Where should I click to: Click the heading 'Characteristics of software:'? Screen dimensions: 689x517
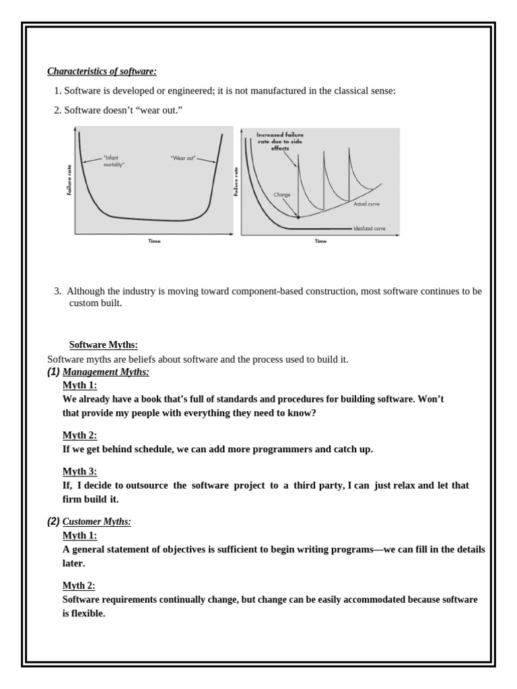click(x=101, y=71)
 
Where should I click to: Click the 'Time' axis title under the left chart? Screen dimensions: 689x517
click(x=154, y=241)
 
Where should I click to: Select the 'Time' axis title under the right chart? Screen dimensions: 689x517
click(x=320, y=241)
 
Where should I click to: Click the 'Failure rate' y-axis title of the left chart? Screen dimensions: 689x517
click(x=69, y=182)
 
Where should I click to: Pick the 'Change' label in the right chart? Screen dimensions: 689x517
click(x=281, y=194)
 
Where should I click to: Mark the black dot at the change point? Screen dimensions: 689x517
click(x=298, y=217)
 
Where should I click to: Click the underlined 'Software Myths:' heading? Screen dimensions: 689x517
click(x=104, y=344)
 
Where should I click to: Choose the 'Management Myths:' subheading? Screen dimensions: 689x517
click(x=106, y=372)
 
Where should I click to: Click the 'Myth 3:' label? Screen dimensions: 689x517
click(x=79, y=471)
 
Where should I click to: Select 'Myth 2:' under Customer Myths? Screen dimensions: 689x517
click(x=79, y=586)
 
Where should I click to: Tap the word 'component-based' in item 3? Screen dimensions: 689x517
click(x=263, y=291)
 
